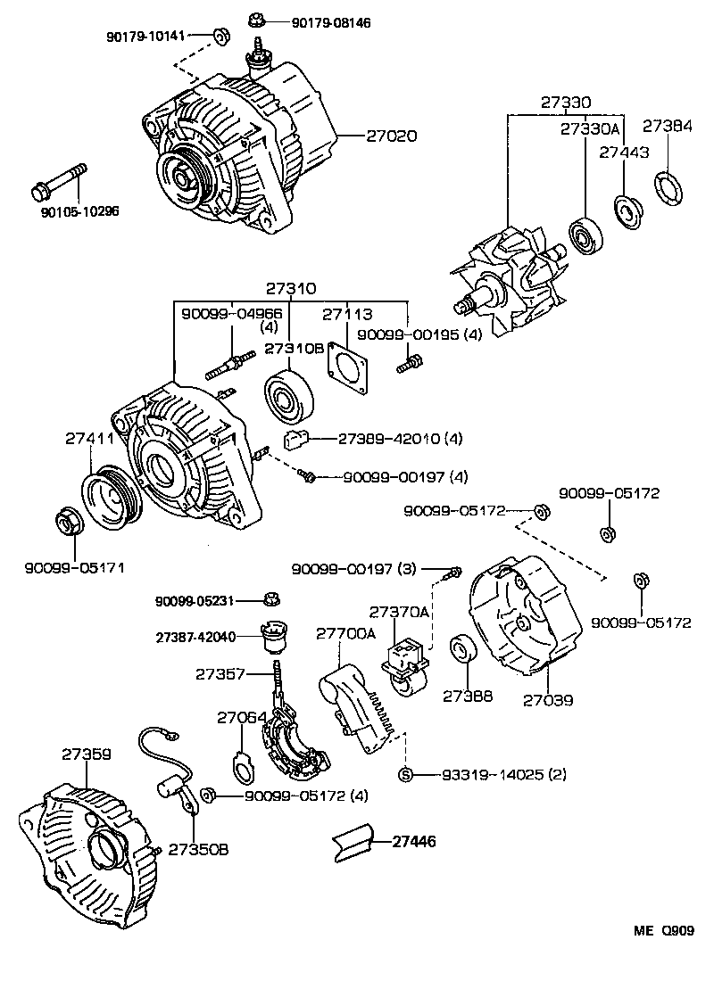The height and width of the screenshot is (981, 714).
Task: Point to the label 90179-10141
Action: tap(145, 36)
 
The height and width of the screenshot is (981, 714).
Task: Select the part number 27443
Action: tap(623, 153)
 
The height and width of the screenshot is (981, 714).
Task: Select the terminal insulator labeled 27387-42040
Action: tap(273, 636)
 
